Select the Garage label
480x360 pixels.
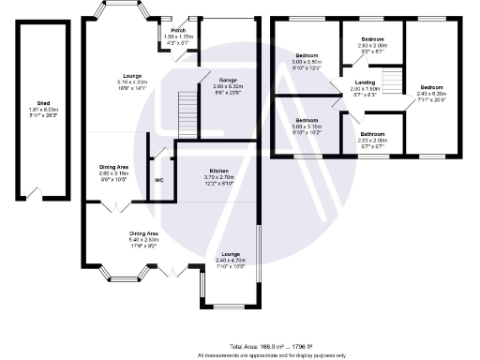227,81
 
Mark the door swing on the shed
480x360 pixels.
38,194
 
